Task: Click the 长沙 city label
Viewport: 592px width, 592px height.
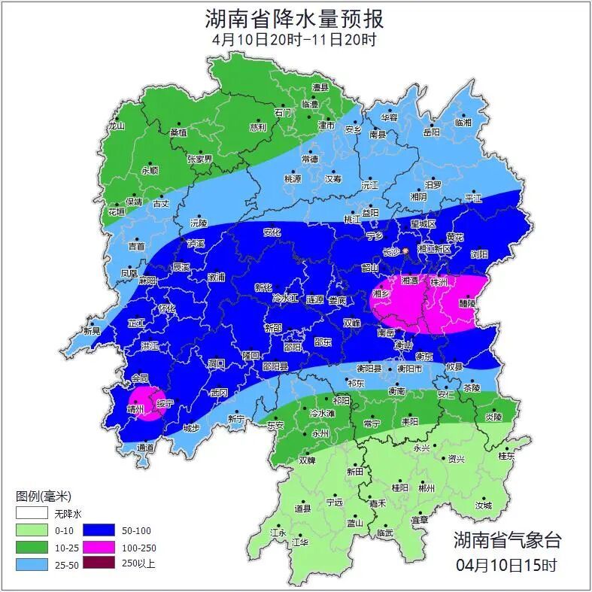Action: point(392,252)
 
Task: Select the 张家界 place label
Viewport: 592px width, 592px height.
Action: point(200,159)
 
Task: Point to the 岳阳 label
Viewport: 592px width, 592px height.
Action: point(431,132)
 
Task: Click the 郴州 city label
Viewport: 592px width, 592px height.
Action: point(427,487)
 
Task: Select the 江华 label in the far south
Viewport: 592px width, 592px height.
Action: point(300,542)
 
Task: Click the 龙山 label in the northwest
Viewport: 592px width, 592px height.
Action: point(115,126)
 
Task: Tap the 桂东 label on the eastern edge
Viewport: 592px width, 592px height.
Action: point(506,456)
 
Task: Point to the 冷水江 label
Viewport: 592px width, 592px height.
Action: point(285,299)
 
